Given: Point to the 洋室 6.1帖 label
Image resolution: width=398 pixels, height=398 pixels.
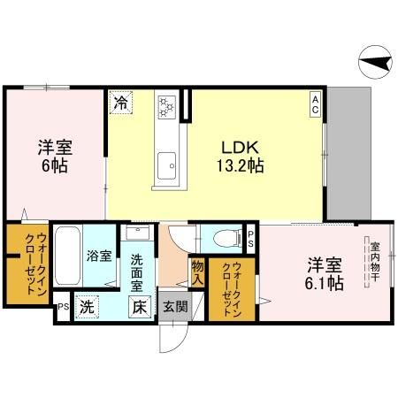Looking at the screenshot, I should tap(325, 273).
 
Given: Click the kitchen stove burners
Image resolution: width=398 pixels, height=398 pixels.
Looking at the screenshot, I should tap(165, 106).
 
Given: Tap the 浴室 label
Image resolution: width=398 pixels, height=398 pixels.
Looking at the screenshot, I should tap(99, 256).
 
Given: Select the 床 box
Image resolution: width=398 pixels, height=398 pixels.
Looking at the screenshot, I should tap(140, 308).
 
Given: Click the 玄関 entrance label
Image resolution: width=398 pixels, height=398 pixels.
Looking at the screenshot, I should tap(172, 308).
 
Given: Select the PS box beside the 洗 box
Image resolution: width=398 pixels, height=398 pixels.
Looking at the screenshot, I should tap(62, 307).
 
